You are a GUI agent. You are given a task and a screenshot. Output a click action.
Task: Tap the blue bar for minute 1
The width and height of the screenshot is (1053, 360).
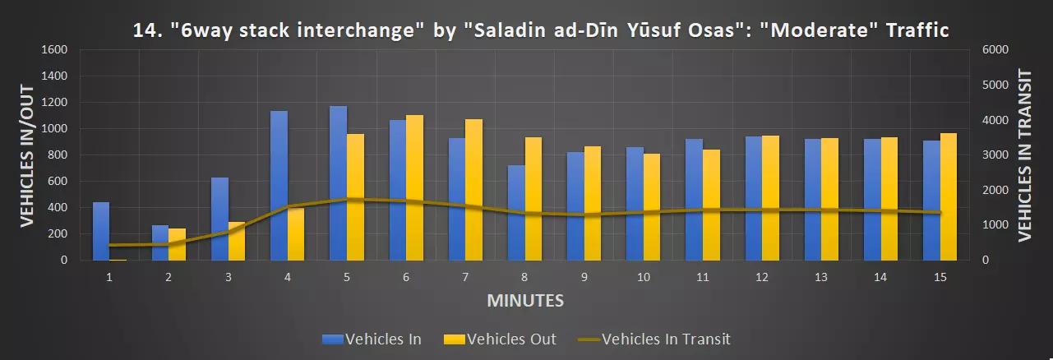tap(101, 231)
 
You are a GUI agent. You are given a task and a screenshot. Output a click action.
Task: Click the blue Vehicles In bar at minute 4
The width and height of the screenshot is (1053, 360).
tap(279, 185)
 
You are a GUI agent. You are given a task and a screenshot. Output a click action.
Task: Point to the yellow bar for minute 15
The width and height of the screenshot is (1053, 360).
tap(949, 196)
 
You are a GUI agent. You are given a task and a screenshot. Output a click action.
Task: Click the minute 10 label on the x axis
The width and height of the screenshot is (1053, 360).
tap(644, 278)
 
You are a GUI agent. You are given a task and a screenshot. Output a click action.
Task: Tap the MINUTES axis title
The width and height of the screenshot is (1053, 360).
tap(525, 300)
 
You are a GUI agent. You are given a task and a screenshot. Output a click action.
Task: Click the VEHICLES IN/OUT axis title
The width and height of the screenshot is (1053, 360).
tap(26, 155)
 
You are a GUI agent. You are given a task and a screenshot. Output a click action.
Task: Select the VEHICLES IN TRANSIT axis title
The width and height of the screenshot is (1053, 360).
tap(1024, 155)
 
